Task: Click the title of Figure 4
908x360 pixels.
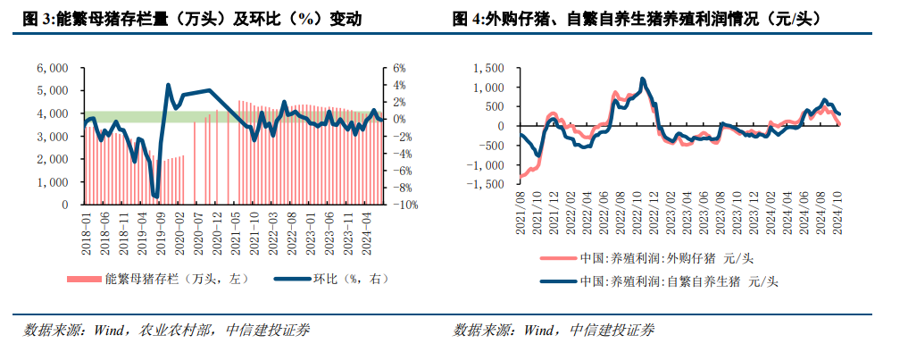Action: pos(636,18)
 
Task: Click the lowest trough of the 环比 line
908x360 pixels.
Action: pos(157,197)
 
